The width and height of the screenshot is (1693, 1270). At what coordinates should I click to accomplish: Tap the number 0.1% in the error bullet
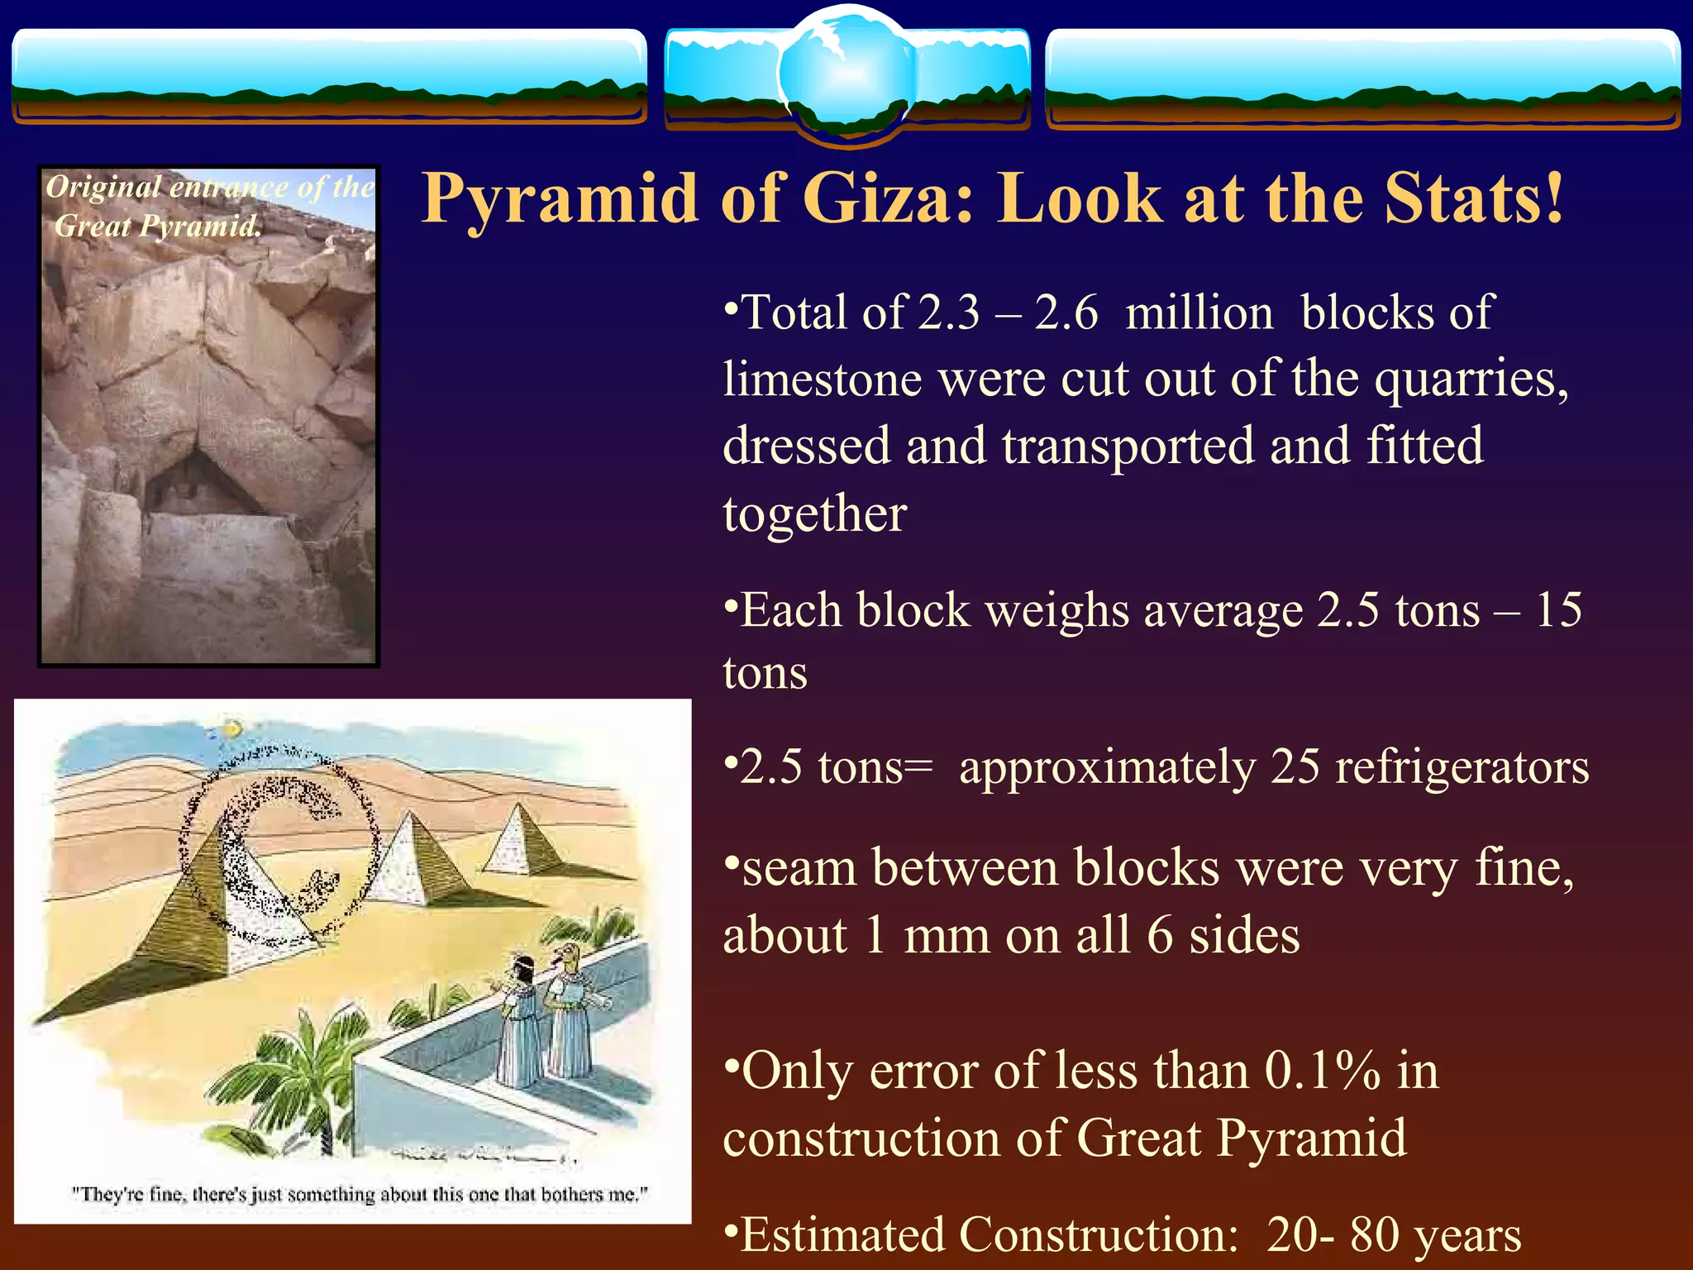(x=1322, y=1071)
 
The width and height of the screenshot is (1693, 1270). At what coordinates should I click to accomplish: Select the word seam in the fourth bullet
(x=799, y=868)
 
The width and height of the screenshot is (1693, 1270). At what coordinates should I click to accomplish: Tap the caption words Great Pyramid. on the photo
(x=157, y=225)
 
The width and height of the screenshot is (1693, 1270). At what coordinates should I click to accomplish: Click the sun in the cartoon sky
(x=232, y=728)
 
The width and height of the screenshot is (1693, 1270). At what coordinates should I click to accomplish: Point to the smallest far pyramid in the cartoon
(x=517, y=839)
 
